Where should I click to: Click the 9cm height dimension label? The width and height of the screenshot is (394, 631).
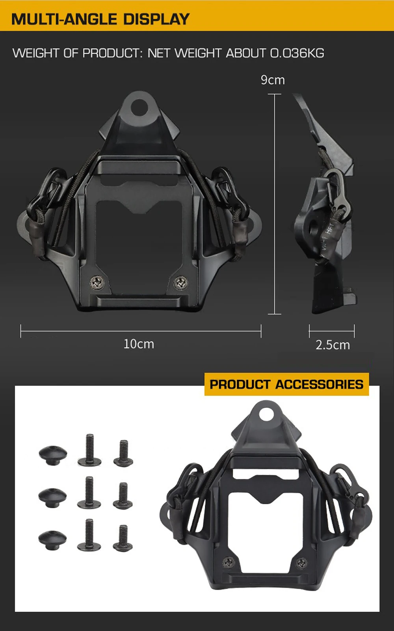[x=273, y=80]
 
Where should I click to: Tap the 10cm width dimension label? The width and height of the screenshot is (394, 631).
[x=139, y=344]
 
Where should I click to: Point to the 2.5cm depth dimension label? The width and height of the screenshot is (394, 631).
[x=333, y=345]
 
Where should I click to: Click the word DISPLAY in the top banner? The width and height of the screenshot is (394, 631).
[x=156, y=19]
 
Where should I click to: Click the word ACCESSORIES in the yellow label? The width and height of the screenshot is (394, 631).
[x=319, y=384]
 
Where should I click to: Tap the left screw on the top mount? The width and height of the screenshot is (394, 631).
[x=97, y=282]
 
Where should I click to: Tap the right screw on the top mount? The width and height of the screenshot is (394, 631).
[x=181, y=282]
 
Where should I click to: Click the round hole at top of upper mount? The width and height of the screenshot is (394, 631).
[x=139, y=107]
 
